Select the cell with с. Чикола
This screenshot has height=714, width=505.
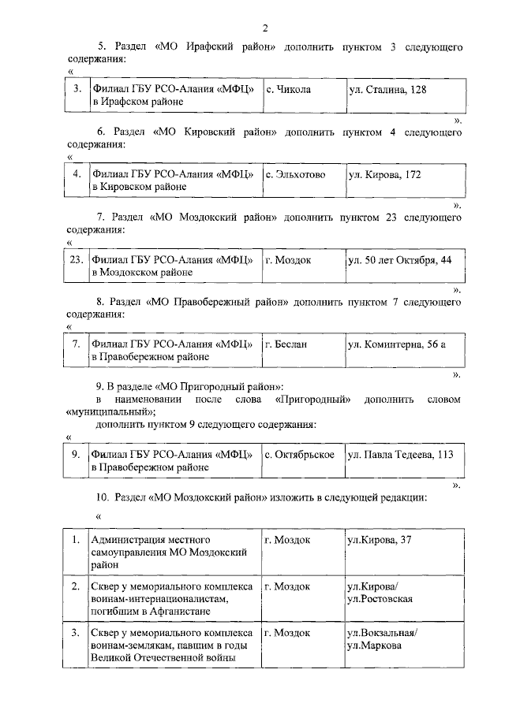pos(288,90)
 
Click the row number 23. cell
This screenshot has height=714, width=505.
pos(76,259)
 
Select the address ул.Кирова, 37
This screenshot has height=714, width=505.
pos(380,540)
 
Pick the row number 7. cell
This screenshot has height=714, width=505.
pos(76,344)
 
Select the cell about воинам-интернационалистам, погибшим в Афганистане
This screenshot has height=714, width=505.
pos(170,599)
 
